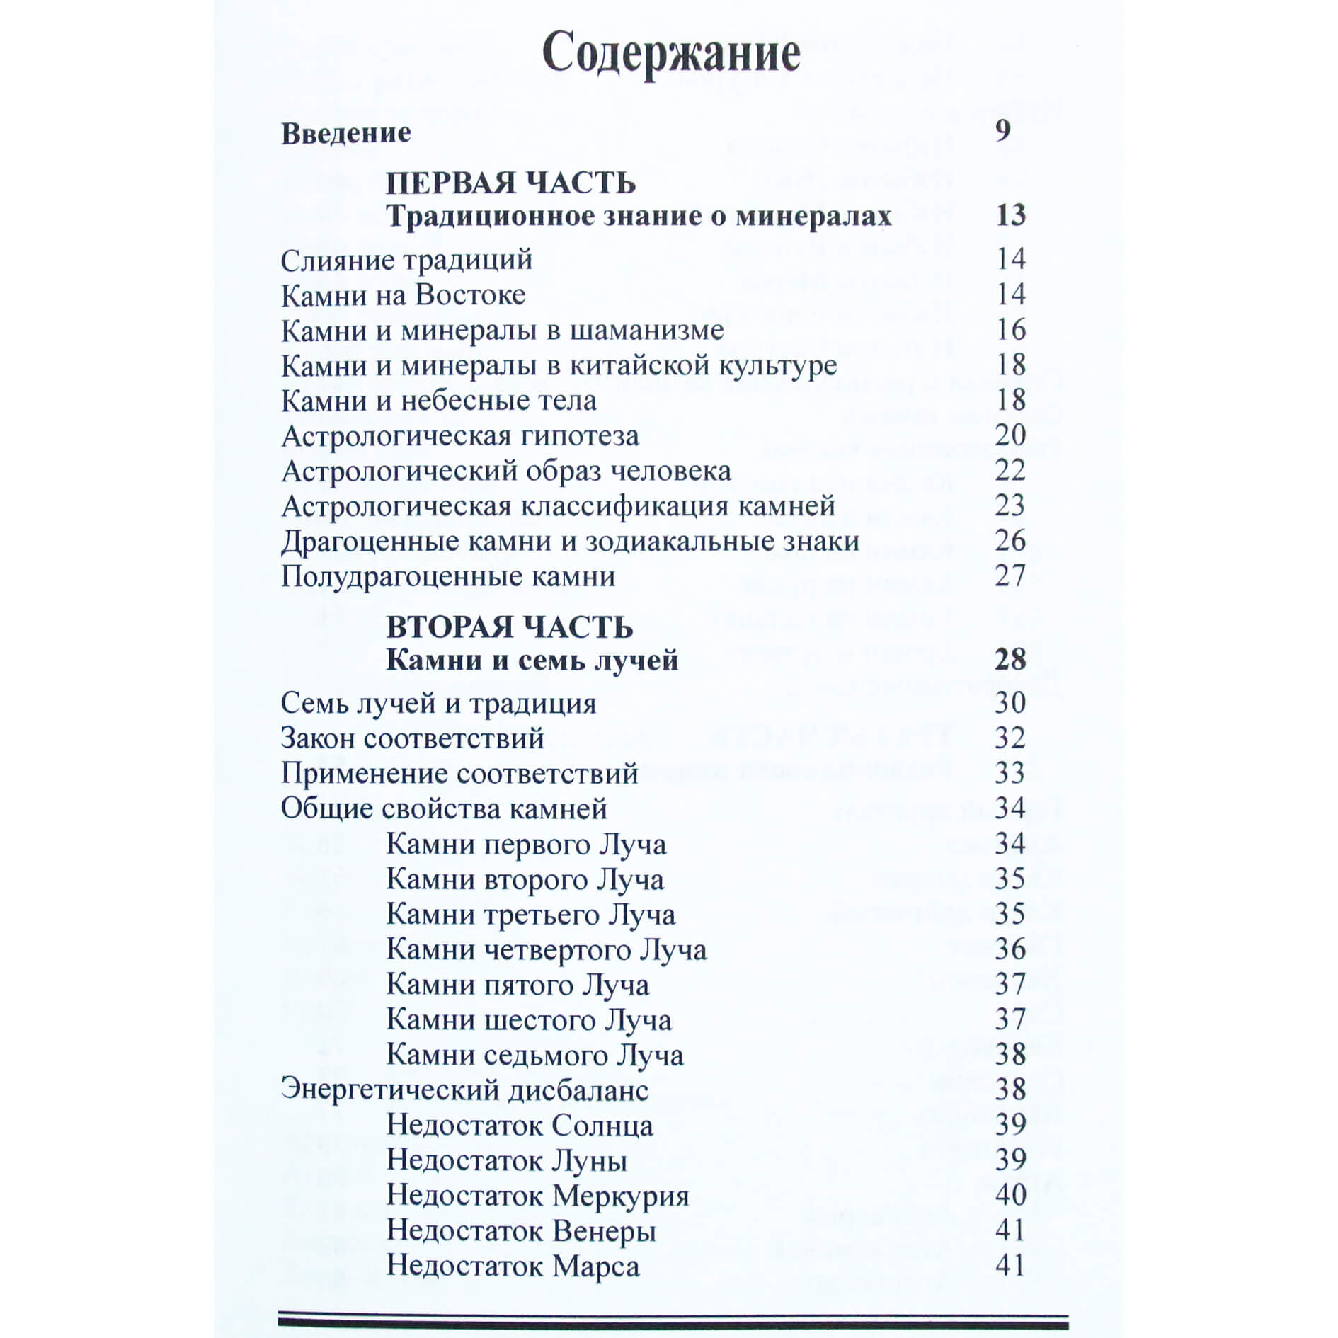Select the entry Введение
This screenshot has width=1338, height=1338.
tap(345, 133)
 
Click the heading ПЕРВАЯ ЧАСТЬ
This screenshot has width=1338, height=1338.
tap(510, 183)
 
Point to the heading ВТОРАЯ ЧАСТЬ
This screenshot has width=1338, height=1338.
tap(509, 627)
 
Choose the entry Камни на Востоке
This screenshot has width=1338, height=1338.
tap(403, 295)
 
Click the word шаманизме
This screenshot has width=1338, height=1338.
tap(646, 331)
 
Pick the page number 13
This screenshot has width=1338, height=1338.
tap(1010, 215)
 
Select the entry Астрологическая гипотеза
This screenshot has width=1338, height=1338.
tap(459, 436)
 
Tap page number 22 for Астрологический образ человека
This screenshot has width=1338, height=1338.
tap(1010, 470)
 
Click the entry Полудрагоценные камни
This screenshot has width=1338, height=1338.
tap(447, 576)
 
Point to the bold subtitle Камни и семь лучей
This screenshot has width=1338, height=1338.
tap(532, 661)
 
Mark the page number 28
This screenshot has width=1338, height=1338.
tap(1010, 660)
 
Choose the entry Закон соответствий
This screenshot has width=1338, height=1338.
tap(412, 738)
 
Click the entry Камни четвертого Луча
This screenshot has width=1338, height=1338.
tap(546, 949)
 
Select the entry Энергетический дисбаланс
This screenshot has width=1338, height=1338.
tap(464, 1090)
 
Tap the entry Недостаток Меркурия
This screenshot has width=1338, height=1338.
tap(537, 1196)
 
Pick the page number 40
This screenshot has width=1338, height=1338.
tap(1010, 1195)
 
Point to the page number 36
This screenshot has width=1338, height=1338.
tap(1010, 949)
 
